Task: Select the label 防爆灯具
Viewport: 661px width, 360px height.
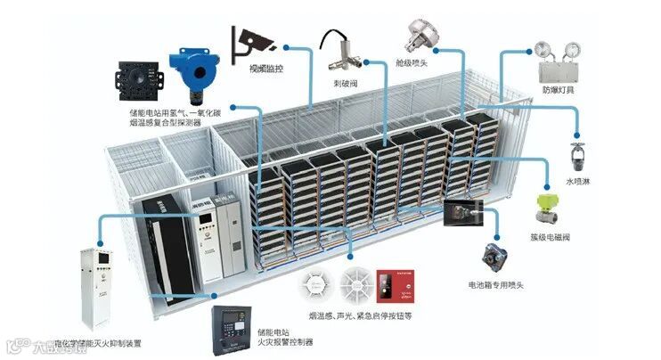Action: [559, 91]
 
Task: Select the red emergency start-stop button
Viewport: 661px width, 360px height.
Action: [390, 285]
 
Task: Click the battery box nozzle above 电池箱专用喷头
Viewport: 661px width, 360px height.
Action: [495, 257]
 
